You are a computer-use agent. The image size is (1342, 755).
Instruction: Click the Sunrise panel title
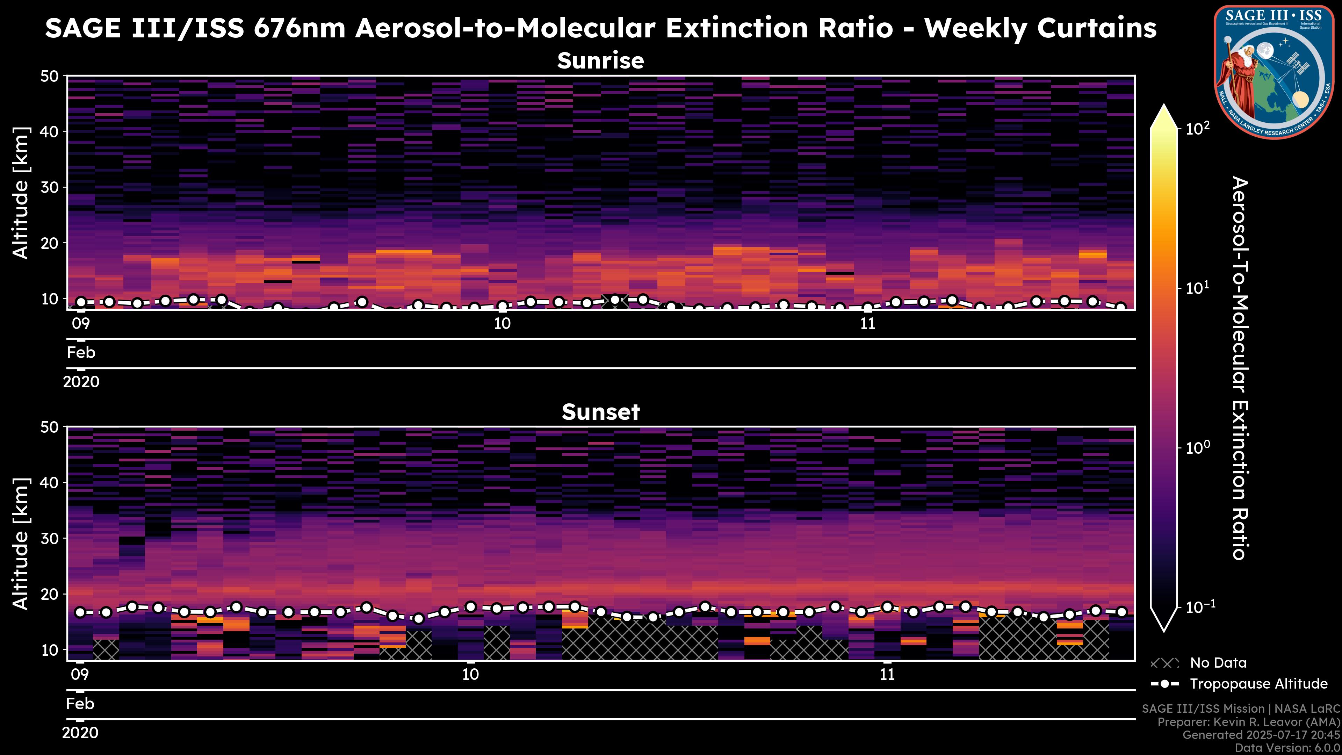(601, 61)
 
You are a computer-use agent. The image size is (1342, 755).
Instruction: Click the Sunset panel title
(601, 412)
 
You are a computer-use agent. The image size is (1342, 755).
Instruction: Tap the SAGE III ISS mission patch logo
(1274, 72)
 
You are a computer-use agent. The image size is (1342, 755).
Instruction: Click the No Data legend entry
(1198, 663)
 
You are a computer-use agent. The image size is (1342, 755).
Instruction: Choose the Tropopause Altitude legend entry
(1239, 684)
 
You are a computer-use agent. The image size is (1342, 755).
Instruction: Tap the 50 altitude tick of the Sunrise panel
(51, 77)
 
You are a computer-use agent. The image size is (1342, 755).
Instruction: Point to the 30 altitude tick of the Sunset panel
(51, 538)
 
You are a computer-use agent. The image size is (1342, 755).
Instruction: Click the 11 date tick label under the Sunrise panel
(867, 324)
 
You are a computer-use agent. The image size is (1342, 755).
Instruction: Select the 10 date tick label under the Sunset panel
(470, 675)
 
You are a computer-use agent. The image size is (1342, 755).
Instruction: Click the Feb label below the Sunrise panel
(81, 353)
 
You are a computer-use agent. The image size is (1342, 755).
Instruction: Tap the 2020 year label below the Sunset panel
(80, 733)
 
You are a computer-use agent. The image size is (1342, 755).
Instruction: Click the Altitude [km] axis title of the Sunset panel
(21, 544)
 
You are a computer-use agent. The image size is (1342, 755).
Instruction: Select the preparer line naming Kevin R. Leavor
(1249, 722)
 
